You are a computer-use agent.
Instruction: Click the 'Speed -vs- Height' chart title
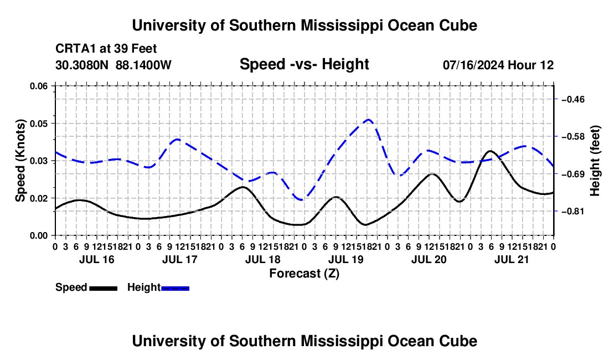tap(304, 64)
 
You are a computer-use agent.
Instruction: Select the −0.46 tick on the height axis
tap(573, 100)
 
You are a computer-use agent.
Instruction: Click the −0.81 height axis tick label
tap(573, 211)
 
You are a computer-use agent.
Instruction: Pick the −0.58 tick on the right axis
tap(573, 137)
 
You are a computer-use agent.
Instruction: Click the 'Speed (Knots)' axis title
tap(20, 161)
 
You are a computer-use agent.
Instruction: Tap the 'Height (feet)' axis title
tap(595, 161)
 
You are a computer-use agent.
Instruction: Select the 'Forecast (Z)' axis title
tap(304, 274)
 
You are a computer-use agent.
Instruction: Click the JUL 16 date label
tap(97, 259)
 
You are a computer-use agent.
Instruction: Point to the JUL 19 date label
tap(345, 259)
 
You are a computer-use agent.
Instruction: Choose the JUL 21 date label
tap(512, 259)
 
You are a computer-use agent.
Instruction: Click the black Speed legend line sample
tap(104, 288)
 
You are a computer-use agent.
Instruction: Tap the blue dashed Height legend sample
tap(175, 288)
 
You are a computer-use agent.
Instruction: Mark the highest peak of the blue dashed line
tap(368, 120)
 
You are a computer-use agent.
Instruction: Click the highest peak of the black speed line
tap(490, 151)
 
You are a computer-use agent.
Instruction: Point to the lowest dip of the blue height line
tap(302, 199)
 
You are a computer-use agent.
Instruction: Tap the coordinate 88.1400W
tap(143, 65)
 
